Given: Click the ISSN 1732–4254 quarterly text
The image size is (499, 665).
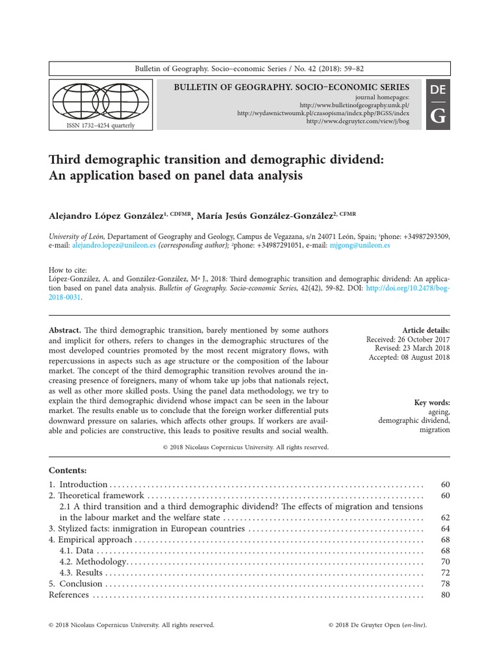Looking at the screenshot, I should [101, 125].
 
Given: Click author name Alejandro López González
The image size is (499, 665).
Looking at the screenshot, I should [107, 215].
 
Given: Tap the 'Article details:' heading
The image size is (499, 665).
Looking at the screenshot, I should [426, 330].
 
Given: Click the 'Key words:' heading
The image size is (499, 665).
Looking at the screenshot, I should [431, 403].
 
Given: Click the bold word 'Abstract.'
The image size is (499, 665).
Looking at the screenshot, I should [65, 330].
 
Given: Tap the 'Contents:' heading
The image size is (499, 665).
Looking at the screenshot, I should [68, 470].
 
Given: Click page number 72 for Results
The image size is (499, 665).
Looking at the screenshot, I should [444, 573].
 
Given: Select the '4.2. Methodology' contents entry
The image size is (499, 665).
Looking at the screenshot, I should [94, 561].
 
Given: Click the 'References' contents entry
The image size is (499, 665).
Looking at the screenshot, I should [69, 595].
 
